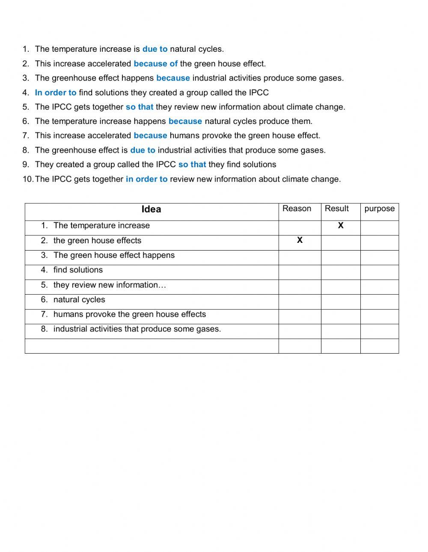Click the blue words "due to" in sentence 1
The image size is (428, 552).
155,49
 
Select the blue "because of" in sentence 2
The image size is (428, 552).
155,64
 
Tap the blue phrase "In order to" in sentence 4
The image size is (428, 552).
56,93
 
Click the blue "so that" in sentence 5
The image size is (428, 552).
140,107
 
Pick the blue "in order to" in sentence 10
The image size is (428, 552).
146,179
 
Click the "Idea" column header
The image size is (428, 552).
151,210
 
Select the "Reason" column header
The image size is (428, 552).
297,209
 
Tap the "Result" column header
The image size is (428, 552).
336,209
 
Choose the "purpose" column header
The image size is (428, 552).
379,209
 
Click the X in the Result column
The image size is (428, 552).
341,226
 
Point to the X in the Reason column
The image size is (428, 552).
300,240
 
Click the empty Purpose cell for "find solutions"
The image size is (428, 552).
379,272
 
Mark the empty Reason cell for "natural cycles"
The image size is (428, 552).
300,302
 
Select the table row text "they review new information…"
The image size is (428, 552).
110,285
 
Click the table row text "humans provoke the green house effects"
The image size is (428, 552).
129,314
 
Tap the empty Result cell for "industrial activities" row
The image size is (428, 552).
341,331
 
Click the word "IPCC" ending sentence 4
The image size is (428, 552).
259,93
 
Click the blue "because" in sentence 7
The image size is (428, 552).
150,136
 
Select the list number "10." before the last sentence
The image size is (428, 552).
28,179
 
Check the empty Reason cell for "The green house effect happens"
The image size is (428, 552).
300,258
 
